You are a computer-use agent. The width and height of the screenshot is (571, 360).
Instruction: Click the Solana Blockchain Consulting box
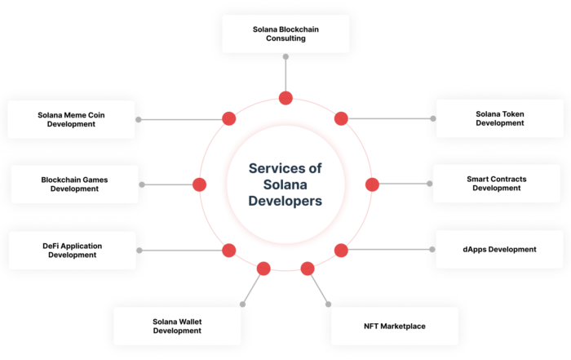[x=285, y=34]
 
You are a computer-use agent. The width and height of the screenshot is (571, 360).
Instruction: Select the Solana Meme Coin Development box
[x=71, y=119]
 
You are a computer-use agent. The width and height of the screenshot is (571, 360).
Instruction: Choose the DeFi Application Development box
[x=72, y=251]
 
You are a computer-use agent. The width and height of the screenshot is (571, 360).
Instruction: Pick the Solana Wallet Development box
[x=176, y=327]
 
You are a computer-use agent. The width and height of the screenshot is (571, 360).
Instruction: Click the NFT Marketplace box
[x=395, y=327]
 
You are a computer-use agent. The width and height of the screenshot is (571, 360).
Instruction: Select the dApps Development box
[x=499, y=249]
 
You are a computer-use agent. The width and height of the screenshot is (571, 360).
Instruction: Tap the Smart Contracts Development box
[x=499, y=184]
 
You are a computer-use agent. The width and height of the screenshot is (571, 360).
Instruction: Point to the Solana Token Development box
[x=499, y=118]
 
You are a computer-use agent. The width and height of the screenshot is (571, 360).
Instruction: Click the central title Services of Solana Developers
[x=285, y=184]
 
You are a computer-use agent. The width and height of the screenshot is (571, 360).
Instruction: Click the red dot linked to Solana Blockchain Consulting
[x=285, y=99]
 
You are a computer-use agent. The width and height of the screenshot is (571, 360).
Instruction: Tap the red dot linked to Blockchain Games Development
[x=199, y=184]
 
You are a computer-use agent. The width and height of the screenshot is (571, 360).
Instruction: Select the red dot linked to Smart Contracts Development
[x=372, y=184]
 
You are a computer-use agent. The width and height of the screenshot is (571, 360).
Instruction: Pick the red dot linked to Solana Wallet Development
[x=263, y=269]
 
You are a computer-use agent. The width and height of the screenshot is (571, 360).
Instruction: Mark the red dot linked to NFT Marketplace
[x=308, y=269]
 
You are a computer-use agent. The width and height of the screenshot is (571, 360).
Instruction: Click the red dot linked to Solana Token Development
[x=342, y=119]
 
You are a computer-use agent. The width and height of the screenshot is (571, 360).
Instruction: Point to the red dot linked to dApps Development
[x=342, y=250]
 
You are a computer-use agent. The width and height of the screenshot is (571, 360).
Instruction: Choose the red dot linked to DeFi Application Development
[x=229, y=250]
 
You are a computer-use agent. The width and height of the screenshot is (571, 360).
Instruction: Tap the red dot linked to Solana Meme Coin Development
[x=229, y=119]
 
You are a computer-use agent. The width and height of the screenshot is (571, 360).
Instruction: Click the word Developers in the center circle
[x=285, y=200]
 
